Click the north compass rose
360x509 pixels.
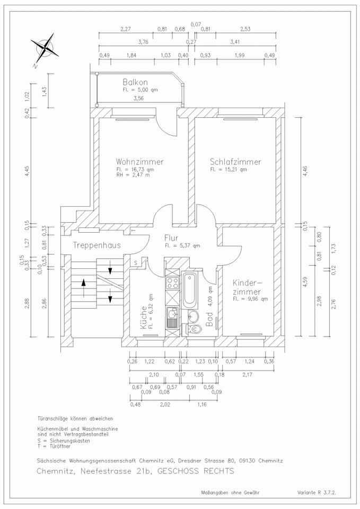pyautogui.click(x=45, y=49)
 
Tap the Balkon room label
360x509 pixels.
pyautogui.click(x=135, y=82)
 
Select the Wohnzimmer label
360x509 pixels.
pyautogui.click(x=140, y=162)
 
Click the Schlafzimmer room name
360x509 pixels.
pyautogui.click(x=235, y=162)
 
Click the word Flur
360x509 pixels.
pyautogui.click(x=171, y=238)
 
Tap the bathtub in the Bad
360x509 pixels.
pyautogui.click(x=189, y=290)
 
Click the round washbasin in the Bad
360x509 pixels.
pyautogui.click(x=194, y=315)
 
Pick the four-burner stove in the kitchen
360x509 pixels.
pyautogui.click(x=172, y=283)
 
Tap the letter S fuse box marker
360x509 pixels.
pyautogui.click(x=136, y=262)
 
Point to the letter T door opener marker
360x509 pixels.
pyautogui.click(x=134, y=231)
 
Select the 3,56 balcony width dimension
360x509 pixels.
pyautogui.click(x=138, y=99)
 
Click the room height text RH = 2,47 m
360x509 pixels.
pyautogui.click(x=133, y=175)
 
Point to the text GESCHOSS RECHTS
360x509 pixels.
pyautogui.click(x=196, y=471)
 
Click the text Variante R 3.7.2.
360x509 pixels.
pyautogui.click(x=317, y=493)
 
